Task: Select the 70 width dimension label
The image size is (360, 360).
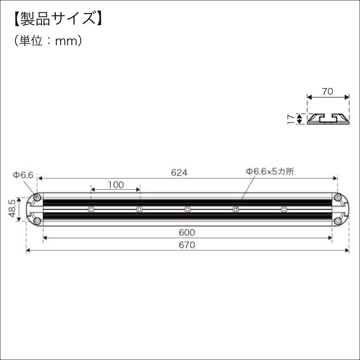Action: [x=327, y=91]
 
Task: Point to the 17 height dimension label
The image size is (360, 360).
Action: [x=291, y=119]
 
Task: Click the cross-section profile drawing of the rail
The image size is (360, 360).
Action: [x=328, y=119]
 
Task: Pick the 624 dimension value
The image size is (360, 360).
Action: [x=179, y=173]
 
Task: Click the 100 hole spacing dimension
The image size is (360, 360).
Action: [x=116, y=185]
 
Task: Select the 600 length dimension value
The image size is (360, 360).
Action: [x=187, y=233]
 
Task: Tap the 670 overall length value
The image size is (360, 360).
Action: [x=187, y=245]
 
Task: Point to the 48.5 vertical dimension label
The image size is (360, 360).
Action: [x=12, y=209]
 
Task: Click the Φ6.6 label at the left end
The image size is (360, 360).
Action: [x=23, y=175]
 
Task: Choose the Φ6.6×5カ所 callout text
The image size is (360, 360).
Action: [x=270, y=172]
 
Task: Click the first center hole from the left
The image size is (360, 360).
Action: [x=91, y=209]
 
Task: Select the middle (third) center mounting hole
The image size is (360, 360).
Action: [x=188, y=209]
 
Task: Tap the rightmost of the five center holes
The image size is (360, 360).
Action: [x=284, y=209]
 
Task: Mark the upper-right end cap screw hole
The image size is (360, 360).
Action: [x=338, y=198]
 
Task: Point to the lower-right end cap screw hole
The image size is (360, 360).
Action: [x=338, y=221]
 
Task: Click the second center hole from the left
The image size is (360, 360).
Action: [x=139, y=209]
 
